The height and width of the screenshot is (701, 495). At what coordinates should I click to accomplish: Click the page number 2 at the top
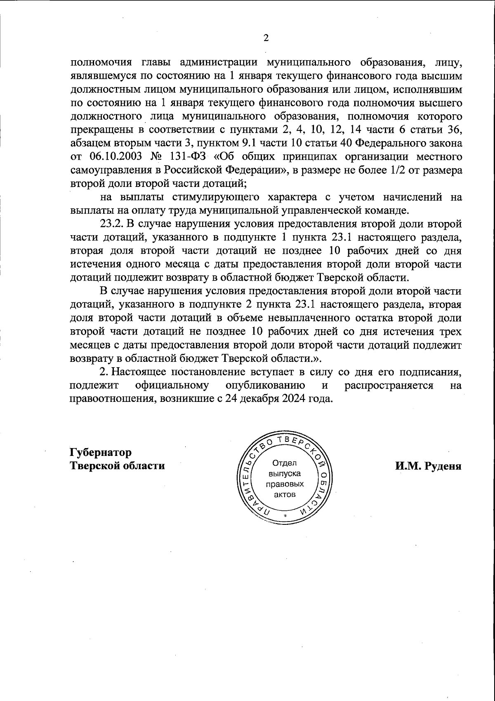point(266,38)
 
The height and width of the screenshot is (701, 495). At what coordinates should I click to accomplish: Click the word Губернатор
point(101,452)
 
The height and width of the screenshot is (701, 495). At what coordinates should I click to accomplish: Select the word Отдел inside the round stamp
point(284,463)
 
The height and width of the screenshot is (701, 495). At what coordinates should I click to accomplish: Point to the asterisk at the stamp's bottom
point(285,517)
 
